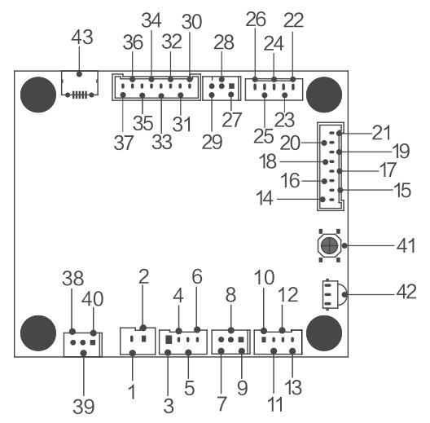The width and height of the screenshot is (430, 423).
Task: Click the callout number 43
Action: [82, 37]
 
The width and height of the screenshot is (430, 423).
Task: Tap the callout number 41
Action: [406, 245]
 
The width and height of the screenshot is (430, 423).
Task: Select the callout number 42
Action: [406, 292]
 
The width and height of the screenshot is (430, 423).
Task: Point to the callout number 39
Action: [84, 407]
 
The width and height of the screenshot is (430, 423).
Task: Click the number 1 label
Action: [132, 391]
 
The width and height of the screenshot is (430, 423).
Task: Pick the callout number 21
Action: [381, 133]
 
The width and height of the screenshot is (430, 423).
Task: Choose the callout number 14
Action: [265, 198]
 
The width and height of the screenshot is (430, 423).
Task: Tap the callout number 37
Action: [124, 143]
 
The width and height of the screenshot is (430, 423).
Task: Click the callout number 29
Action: [212, 142]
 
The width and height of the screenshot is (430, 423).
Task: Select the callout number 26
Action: [256, 20]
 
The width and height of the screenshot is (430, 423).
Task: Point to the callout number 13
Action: [293, 387]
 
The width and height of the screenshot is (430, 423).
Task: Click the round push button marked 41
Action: [329, 245]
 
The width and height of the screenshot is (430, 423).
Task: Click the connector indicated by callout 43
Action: [80, 83]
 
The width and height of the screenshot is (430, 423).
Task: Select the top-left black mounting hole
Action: [38, 95]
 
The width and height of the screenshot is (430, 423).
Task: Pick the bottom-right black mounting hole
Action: [324, 333]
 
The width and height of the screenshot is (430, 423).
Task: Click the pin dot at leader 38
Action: [72, 332]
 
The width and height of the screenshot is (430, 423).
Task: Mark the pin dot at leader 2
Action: [143, 328]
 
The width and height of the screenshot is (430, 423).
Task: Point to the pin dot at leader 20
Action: [324, 143]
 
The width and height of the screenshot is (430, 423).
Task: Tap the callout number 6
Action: [197, 276]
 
